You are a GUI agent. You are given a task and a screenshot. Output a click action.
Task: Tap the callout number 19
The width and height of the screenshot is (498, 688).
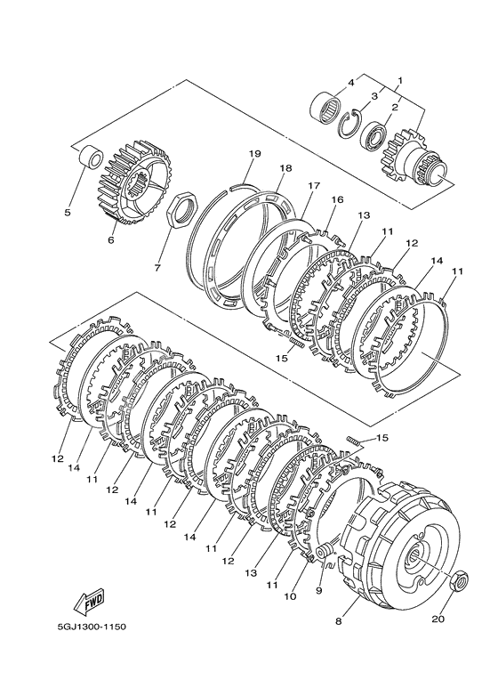point(254,154)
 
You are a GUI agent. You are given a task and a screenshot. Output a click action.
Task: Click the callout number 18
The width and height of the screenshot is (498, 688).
point(285,168)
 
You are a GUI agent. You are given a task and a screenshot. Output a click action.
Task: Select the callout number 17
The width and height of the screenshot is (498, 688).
point(314,186)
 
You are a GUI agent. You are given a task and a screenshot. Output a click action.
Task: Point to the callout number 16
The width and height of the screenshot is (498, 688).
point(337,199)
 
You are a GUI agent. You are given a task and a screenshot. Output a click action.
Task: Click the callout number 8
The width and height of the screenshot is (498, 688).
point(338,621)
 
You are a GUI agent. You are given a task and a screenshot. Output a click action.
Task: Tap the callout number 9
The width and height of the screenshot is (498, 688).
point(318,591)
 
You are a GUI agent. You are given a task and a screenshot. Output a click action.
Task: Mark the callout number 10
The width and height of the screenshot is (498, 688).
point(290,596)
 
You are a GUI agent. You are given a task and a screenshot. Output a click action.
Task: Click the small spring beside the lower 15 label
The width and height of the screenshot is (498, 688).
point(355,441)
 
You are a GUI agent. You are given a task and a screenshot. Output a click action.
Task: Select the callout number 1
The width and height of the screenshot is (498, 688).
point(400,81)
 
